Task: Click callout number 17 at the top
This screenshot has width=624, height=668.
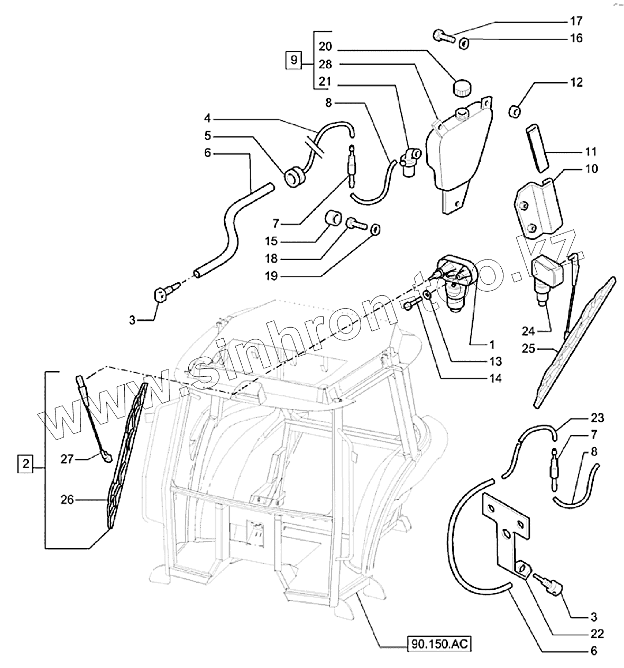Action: pos(576,21)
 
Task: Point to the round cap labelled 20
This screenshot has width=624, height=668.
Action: pos(462,87)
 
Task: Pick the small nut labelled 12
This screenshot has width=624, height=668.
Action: pos(514,111)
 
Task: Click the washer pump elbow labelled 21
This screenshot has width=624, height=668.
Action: pos(410,160)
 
